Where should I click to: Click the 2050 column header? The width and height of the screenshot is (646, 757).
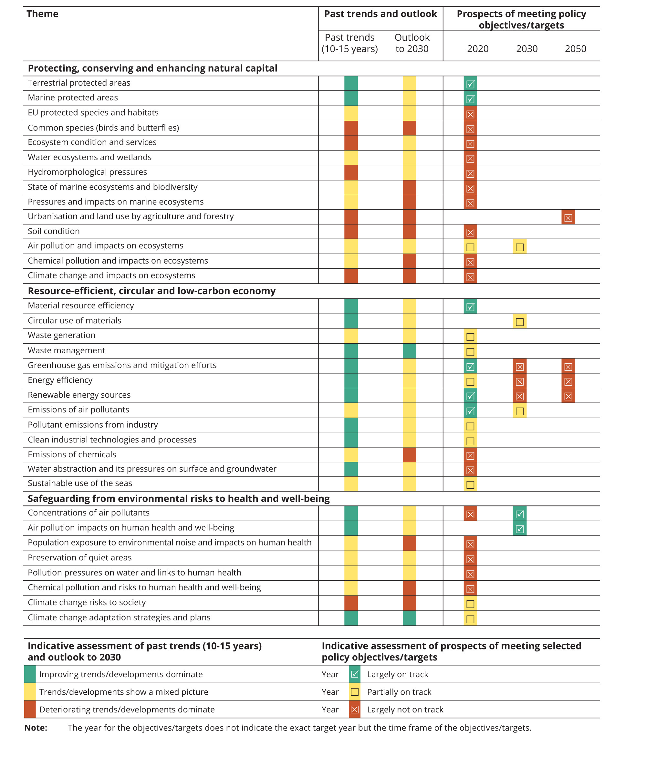tap(575, 49)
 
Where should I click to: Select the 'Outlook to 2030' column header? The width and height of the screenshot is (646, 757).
tap(412, 43)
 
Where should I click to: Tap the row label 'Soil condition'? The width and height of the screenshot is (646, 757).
tap(54, 231)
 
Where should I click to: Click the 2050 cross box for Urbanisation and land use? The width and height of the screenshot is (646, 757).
tap(568, 218)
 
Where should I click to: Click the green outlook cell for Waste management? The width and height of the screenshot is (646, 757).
tap(409, 351)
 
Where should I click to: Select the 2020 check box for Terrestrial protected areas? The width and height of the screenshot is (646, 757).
tap(470, 84)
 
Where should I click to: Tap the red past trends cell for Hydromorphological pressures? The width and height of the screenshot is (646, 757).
tap(351, 172)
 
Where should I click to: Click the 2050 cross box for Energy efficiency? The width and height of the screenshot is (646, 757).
tap(568, 381)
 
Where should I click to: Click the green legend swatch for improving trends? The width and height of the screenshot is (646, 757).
tap(30, 674)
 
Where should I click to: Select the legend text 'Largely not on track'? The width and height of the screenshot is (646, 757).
tap(405, 710)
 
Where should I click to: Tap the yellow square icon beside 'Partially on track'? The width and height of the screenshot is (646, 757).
tap(354, 692)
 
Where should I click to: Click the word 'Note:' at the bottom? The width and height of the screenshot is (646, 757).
tap(36, 728)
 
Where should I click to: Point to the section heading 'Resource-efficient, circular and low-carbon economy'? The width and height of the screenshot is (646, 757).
tap(151, 291)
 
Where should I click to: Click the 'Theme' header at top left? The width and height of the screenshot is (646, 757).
tap(42, 14)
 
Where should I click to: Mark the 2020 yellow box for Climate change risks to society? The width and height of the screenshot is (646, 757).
tap(470, 604)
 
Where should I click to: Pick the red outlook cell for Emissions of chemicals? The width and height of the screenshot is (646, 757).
tap(409, 455)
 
